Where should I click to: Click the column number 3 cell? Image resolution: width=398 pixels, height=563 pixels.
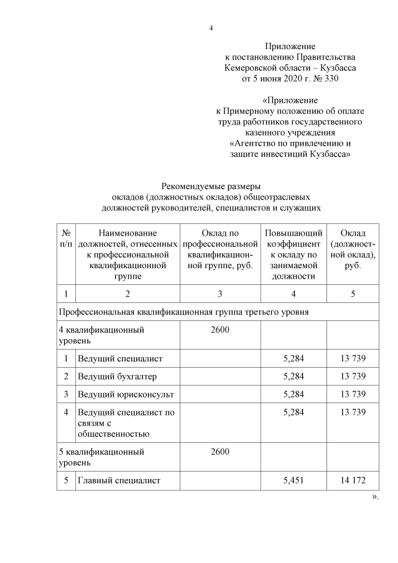[x=220, y=294]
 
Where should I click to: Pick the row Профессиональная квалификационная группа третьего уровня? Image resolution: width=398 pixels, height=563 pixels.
[x=183, y=311]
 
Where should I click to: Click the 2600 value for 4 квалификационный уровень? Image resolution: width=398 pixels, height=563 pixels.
[x=220, y=330]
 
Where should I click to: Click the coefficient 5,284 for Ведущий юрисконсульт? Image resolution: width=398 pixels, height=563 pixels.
[x=293, y=394]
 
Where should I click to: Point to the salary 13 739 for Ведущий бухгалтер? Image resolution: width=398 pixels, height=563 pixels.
[x=353, y=376]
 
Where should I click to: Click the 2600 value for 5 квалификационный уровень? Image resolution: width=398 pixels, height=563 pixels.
[x=220, y=452]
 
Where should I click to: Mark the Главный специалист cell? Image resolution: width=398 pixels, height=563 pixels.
[x=119, y=480]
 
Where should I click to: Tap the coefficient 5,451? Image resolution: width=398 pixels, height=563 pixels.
[x=293, y=480]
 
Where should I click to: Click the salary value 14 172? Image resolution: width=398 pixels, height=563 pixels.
[x=353, y=480]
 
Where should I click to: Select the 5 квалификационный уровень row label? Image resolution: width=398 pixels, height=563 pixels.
[x=101, y=457]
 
